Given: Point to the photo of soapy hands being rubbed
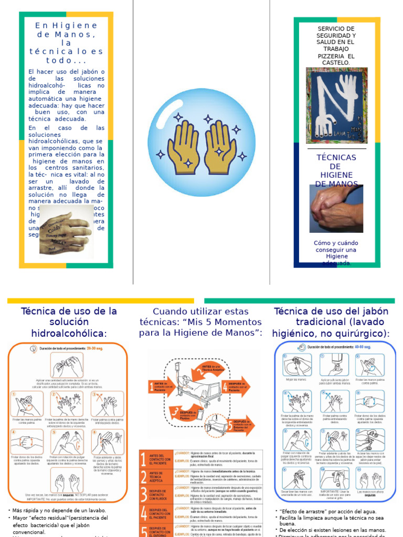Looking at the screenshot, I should pyautogui.click(x=336, y=208).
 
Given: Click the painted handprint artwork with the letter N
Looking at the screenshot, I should pyautogui.click(x=336, y=107).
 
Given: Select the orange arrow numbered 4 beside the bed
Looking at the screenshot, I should pyautogui.click(x=235, y=387).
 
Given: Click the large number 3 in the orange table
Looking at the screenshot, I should pyautogui.click(x=144, y=495).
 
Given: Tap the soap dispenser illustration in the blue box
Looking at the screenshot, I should pyautogui.click(x=335, y=364).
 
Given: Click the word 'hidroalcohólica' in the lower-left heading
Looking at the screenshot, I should pyautogui.click(x=68, y=334).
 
